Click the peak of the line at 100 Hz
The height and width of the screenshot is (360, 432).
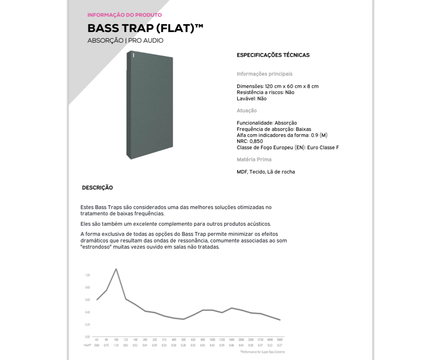pyautogui.click(x=116, y=269)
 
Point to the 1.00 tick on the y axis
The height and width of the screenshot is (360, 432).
pyautogui.click(x=87, y=275)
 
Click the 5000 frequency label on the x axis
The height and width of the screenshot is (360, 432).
pyautogui.click(x=280, y=340)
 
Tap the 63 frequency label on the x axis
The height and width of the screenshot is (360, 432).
pyautogui.click(x=97, y=340)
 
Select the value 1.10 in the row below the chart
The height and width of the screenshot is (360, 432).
pyautogui.click(x=116, y=345)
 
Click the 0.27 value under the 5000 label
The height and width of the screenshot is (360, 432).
pyautogui.click(x=280, y=345)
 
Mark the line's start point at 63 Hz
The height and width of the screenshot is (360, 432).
pyautogui.click(x=97, y=300)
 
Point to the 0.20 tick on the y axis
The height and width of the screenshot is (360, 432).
pyautogui.click(x=87, y=325)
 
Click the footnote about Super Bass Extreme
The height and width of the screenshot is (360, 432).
pyautogui.click(x=262, y=352)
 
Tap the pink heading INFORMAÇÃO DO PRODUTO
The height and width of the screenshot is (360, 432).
pyautogui.click(x=124, y=15)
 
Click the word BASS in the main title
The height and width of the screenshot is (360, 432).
pyautogui.click(x=103, y=28)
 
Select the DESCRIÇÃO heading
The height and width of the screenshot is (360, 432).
pyautogui.click(x=97, y=188)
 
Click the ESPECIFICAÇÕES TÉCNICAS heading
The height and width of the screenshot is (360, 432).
pyautogui.click(x=273, y=55)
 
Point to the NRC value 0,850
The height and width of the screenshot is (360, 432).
pyautogui.click(x=256, y=141)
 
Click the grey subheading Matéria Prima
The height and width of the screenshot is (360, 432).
pyautogui.click(x=254, y=160)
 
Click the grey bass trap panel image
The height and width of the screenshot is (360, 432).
pyautogui.click(x=149, y=105)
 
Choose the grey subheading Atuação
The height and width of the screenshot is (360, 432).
pyautogui.click(x=247, y=111)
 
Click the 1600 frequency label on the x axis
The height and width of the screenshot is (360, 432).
pyautogui.click(x=232, y=340)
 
